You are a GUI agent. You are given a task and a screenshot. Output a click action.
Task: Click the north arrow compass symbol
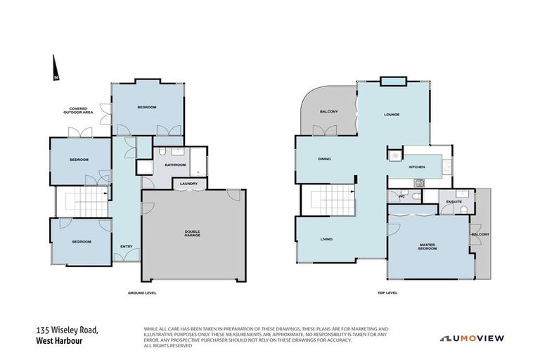(x=55, y=70)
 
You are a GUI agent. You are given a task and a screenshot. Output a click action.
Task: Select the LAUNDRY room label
(x=188, y=184)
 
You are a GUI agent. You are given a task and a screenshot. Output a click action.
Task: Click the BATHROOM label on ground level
(x=175, y=165)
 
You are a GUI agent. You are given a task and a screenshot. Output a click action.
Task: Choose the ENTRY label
(x=127, y=246)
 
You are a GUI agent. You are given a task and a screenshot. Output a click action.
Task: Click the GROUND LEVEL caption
(x=141, y=292)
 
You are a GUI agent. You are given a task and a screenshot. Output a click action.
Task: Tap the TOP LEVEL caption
(x=387, y=292)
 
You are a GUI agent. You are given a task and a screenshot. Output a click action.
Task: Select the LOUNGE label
(x=392, y=114)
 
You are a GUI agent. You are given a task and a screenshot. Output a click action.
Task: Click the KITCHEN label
(x=417, y=167)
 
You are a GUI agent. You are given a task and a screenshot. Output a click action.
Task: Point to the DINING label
(x=324, y=159)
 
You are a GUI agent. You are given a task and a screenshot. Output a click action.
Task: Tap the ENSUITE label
(x=454, y=202)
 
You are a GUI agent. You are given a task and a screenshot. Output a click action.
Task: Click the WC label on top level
(x=401, y=196)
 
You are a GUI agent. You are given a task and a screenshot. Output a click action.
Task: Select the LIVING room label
(x=326, y=239)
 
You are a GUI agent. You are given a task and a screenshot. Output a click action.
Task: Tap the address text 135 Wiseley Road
(x=67, y=330)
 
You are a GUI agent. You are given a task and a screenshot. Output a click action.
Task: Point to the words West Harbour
(x=61, y=341)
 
